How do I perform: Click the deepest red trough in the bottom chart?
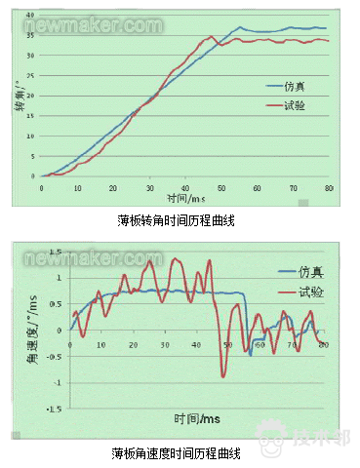pyautogui.click(x=223, y=375)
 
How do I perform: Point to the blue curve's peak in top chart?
pyautogui.click(x=240, y=27)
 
